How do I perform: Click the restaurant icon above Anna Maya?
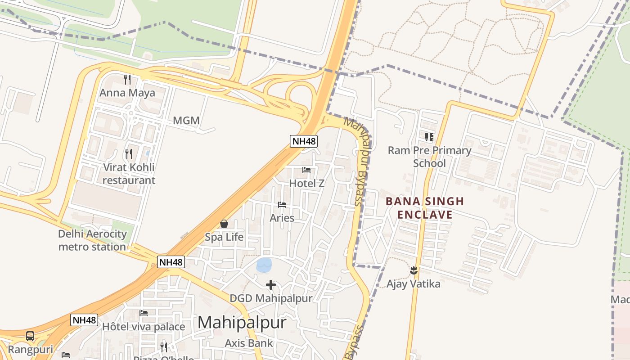click(127, 80)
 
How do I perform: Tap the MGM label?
click(186, 121)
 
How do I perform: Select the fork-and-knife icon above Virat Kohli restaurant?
click(129, 154)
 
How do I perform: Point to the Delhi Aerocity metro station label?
click(92, 240)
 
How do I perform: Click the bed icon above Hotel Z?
click(306, 170)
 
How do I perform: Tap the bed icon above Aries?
click(282, 205)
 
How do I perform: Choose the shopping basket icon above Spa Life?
click(224, 224)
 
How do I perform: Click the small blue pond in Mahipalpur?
click(264, 265)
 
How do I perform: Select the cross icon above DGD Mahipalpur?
click(271, 285)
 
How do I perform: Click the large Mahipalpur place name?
click(242, 323)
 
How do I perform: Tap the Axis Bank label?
click(249, 343)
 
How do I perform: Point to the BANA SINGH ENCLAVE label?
click(425, 208)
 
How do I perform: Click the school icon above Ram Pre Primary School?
click(429, 137)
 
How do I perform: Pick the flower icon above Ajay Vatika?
click(414, 270)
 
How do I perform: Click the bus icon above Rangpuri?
click(30, 336)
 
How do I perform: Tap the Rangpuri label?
click(31, 349)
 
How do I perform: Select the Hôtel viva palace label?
click(144, 327)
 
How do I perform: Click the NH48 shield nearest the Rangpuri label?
click(84, 320)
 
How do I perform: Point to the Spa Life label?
click(224, 237)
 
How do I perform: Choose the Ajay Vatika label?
click(414, 284)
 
